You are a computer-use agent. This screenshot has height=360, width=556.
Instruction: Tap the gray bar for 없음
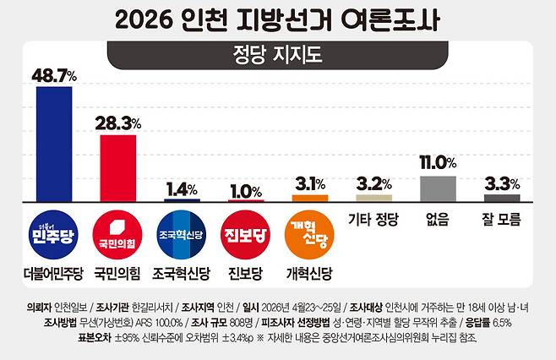(438, 188)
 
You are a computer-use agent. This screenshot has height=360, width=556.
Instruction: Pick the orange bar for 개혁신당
(309, 198)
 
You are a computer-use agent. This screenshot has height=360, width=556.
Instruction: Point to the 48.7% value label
(54, 75)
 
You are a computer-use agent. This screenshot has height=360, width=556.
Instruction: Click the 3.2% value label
(373, 183)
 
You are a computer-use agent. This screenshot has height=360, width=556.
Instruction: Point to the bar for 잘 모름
(502, 197)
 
